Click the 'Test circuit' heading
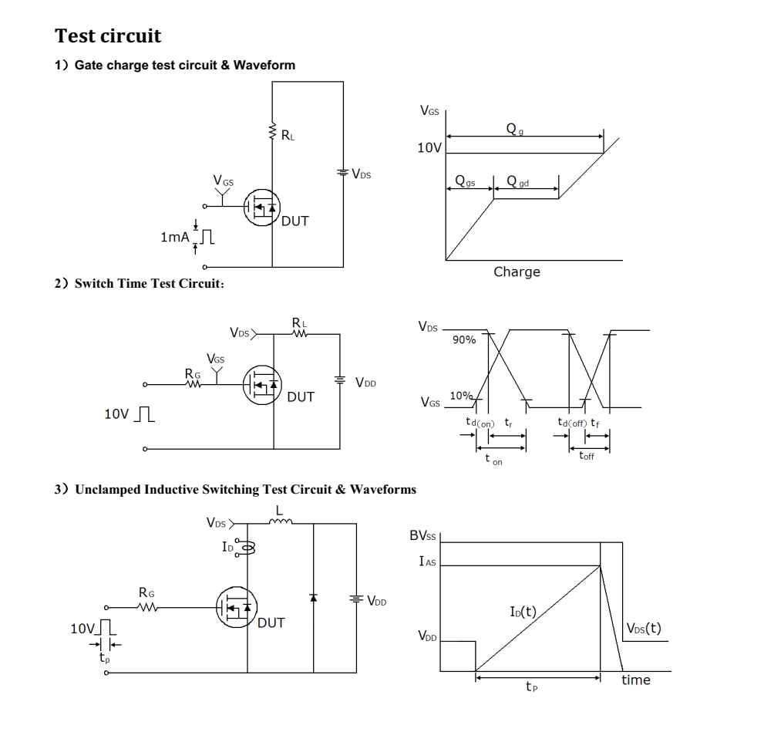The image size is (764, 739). [108, 36]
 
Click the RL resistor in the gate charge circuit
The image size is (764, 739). [272, 132]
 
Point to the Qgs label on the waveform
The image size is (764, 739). [465, 183]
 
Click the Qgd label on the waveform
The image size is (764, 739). [517, 183]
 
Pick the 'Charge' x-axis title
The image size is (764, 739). [517, 272]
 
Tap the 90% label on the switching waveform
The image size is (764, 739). [463, 340]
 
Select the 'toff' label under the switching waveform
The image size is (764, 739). [587, 456]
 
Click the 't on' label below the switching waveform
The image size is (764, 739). [493, 460]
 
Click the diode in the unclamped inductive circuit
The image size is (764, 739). [313, 598]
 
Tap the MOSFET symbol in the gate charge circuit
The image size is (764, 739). [262, 208]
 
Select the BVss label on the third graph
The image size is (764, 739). [422, 535]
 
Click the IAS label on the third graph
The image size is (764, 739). [427, 562]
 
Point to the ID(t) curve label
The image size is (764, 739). [523, 612]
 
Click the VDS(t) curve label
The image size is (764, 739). [643, 628]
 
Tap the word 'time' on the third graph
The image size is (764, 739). [636, 680]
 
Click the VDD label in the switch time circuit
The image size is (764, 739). [365, 383]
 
